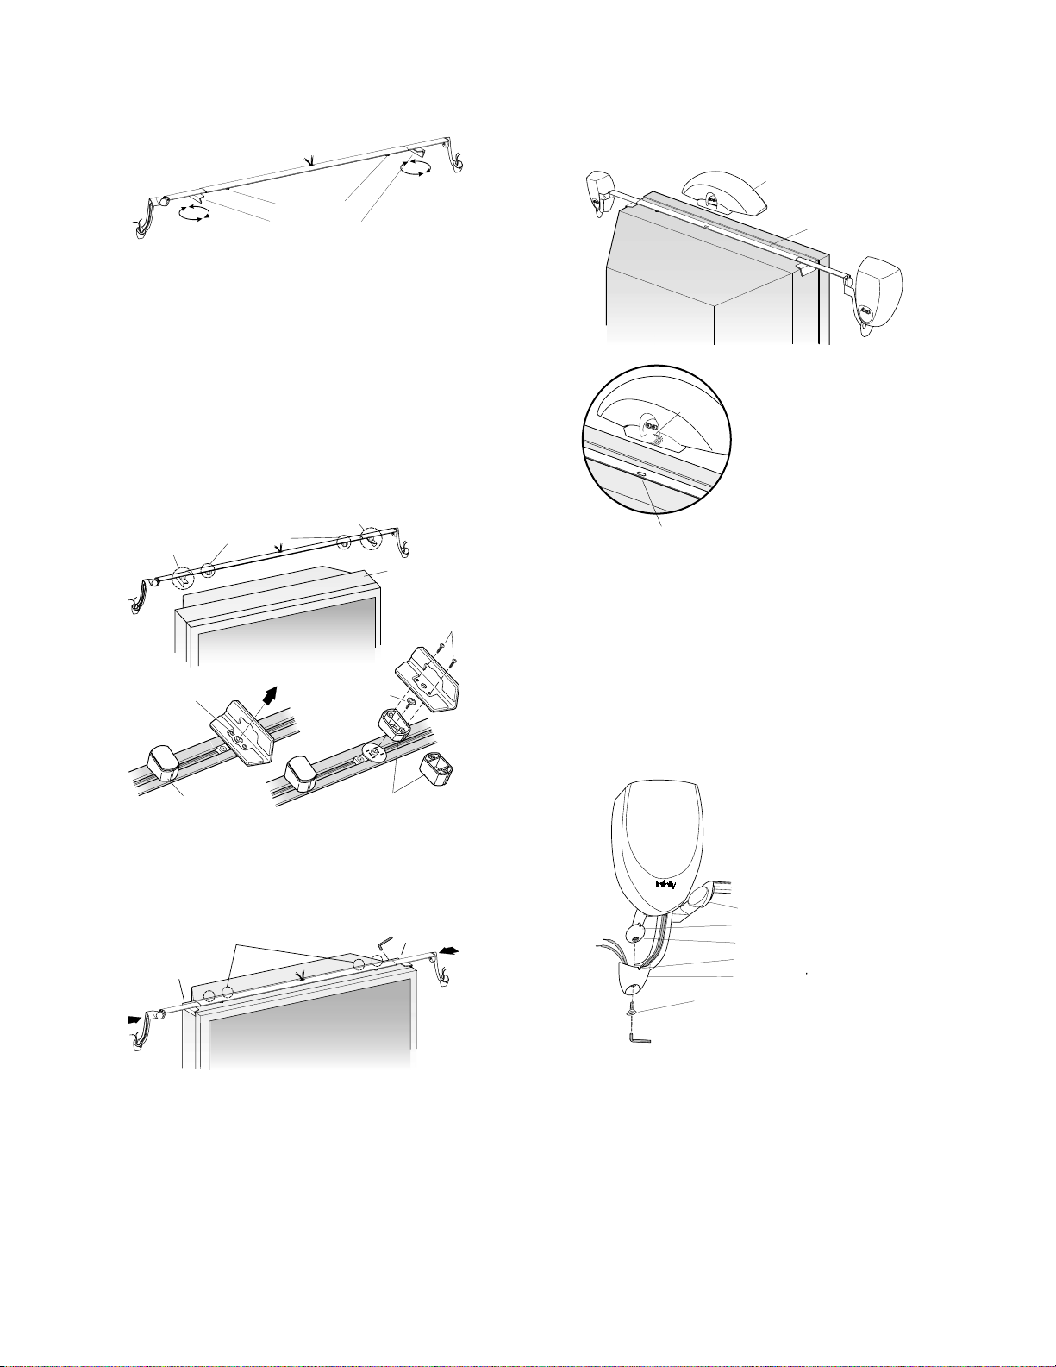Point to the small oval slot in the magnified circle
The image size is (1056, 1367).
tap(640, 473)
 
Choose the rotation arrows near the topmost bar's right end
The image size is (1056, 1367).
tap(417, 166)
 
